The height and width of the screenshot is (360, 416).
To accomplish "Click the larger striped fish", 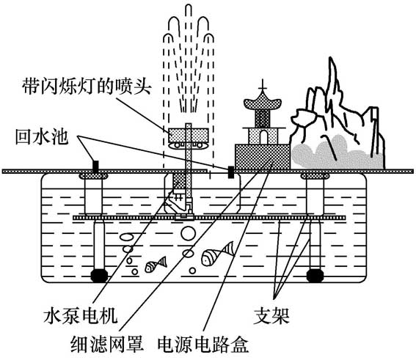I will (216, 255).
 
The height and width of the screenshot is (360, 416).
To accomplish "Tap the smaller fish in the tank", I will (156, 265).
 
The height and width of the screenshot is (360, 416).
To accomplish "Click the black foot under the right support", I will (315, 276).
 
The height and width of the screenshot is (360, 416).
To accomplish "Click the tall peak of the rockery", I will (337, 81).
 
